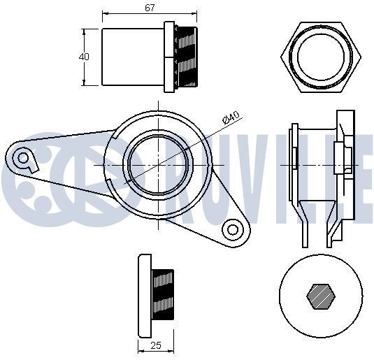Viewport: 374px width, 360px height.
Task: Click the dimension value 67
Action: click(150, 8)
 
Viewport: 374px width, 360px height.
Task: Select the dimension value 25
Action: click(156, 344)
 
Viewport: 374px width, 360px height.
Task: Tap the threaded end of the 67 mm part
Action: click(187, 57)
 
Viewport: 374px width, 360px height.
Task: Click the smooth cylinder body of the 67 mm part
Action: click(133, 57)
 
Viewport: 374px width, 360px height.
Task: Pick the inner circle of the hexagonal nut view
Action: click(322, 56)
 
